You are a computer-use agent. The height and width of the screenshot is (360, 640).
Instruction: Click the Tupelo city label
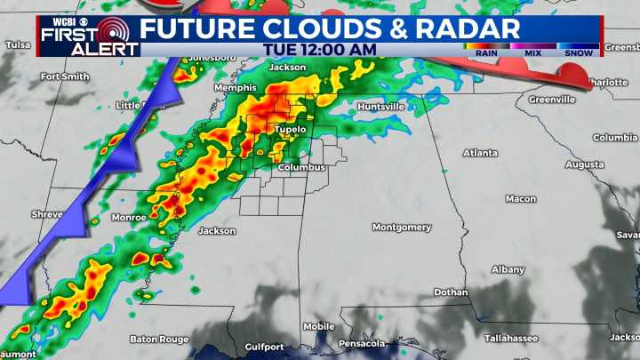click(290, 129)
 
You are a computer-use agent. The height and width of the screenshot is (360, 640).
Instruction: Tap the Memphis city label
click(235, 88)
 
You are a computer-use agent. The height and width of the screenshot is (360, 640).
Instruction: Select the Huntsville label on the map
click(380, 107)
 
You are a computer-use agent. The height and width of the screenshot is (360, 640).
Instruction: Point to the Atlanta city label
click(480, 153)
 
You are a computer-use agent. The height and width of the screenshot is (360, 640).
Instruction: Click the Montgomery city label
click(401, 227)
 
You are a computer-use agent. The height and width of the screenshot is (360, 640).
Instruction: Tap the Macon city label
click(520, 198)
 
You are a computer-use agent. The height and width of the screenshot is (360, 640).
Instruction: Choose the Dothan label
click(451, 292)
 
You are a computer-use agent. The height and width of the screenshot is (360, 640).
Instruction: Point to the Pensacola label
click(362, 343)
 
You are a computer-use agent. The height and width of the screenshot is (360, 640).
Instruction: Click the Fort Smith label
click(65, 76)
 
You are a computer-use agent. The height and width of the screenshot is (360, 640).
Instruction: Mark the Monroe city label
click(129, 217)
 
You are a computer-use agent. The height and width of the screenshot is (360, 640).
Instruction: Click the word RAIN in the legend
click(485, 52)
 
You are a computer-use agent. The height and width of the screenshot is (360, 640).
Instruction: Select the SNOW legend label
click(580, 52)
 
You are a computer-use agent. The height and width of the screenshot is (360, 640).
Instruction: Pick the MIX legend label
click(533, 52)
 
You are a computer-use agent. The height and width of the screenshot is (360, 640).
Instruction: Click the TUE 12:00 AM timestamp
click(321, 50)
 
